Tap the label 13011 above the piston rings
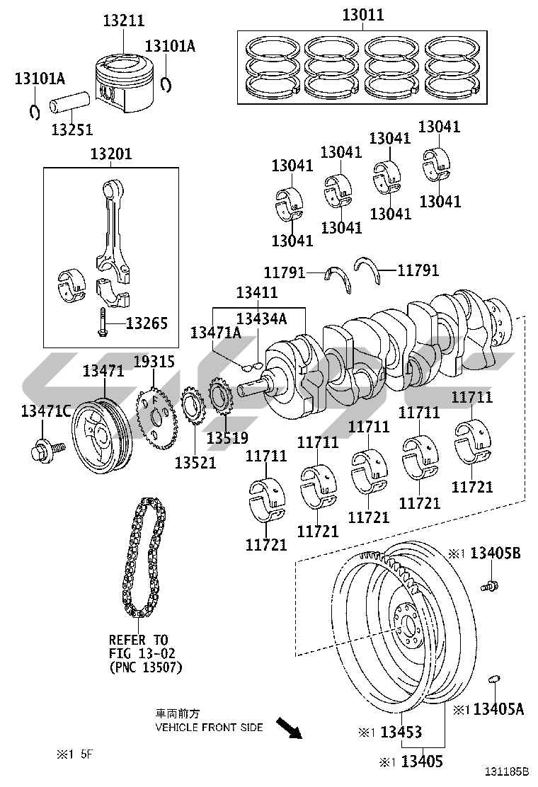363,15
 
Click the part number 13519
227,437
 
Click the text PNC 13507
145,667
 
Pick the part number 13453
401,732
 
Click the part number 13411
257,292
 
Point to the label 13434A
261,318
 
